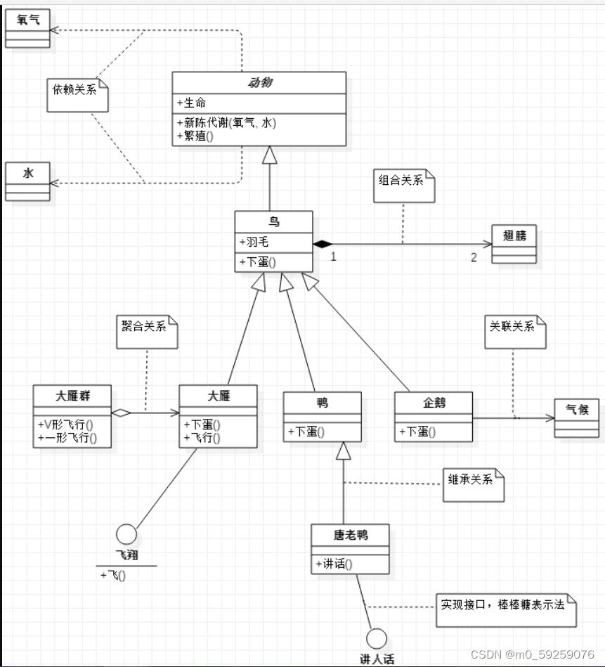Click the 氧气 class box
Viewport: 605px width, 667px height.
27,29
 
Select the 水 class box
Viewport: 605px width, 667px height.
27,181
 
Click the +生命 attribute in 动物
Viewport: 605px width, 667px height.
191,103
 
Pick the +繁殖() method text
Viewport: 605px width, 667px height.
199,136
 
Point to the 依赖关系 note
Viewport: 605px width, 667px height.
77,94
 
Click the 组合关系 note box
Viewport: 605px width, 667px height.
403,186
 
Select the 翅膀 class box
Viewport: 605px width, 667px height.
514,244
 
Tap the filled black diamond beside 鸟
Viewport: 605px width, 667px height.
322,244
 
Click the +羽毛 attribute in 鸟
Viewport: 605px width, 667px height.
254,242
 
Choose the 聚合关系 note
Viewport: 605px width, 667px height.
147,330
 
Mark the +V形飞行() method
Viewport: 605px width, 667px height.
66,425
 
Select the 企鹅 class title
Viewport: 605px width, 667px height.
434,403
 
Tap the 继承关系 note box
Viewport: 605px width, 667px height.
473,484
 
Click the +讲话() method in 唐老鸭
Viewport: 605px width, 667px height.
334,564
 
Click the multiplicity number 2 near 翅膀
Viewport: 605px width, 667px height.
474,257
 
